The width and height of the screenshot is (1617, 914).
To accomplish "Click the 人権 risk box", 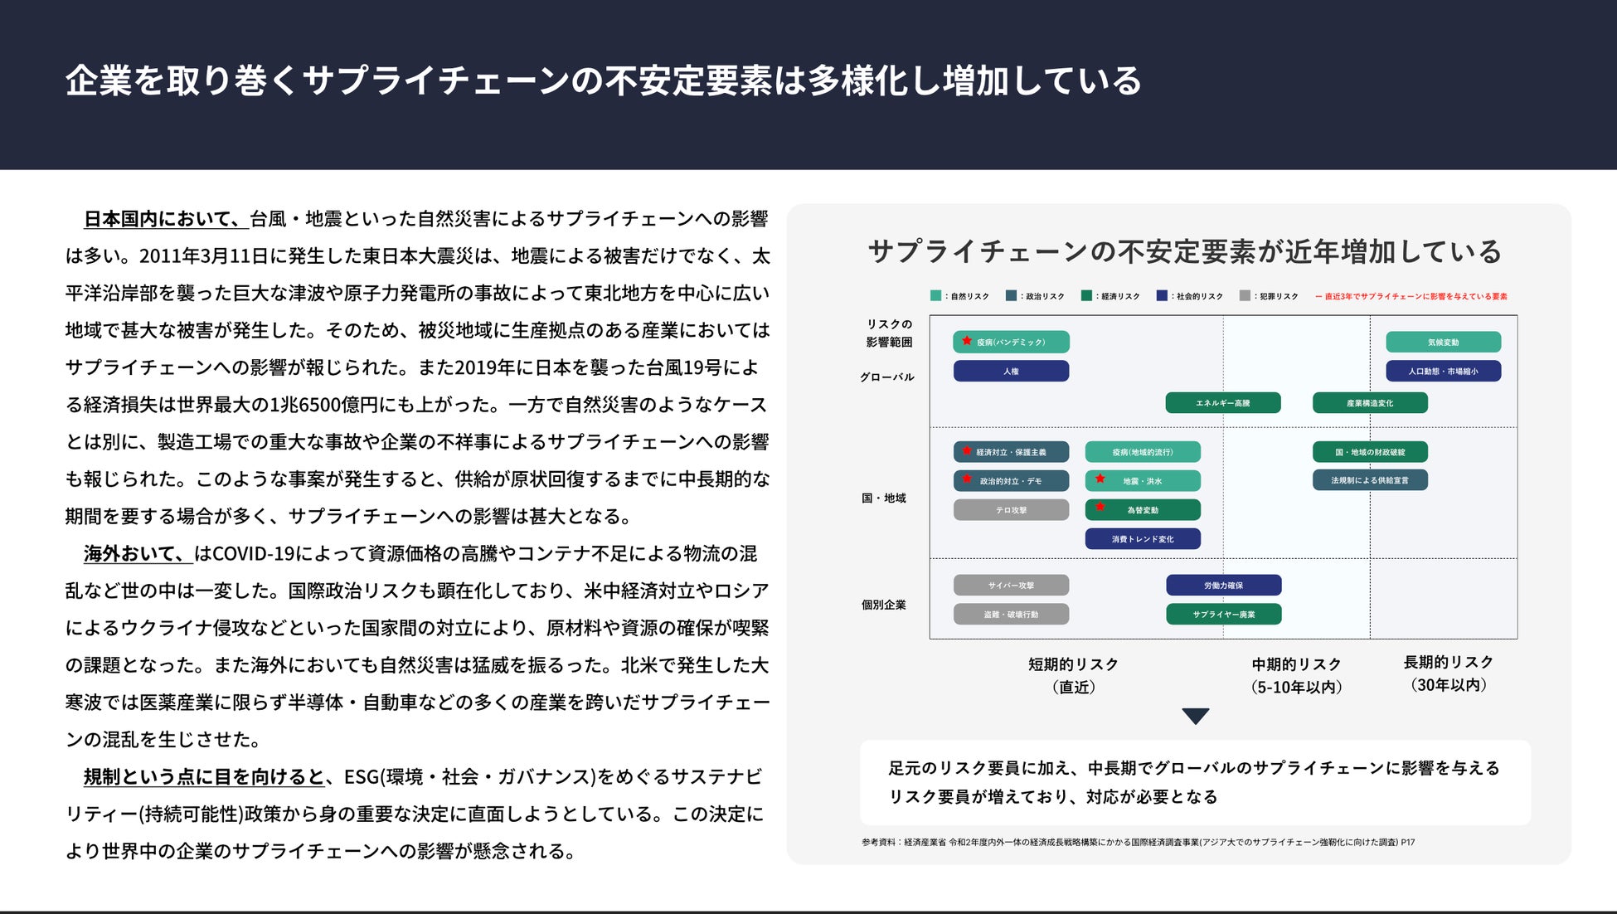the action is pos(1011,371).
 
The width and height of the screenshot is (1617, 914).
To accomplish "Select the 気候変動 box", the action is pos(1443,342).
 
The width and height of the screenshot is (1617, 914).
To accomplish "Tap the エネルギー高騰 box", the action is pos(1222,403).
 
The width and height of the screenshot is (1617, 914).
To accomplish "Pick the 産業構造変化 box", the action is pos(1370,403).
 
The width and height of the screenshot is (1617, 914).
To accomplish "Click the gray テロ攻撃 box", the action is pos(1011,510).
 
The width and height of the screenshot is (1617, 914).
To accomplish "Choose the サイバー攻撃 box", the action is pos(1011,586).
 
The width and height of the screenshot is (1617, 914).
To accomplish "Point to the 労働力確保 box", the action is pos(1223,586).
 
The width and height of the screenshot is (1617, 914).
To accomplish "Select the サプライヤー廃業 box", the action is pos(1223,615).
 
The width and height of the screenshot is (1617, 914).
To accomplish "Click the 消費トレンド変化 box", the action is pos(1143,539).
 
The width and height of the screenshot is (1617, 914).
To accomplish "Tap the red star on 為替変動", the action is pos(1100,507).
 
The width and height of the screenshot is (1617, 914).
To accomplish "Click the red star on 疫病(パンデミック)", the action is pos(967,340).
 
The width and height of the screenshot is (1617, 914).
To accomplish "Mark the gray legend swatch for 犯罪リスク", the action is pos(1245,296).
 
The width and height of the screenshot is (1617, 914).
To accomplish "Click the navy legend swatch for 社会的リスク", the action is pos(1162,296).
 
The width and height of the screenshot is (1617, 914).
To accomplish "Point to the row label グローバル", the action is pos(886,377).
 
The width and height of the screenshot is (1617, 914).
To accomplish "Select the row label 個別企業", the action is pos(884,605).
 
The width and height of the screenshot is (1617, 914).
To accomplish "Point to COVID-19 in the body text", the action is pos(248,554).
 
